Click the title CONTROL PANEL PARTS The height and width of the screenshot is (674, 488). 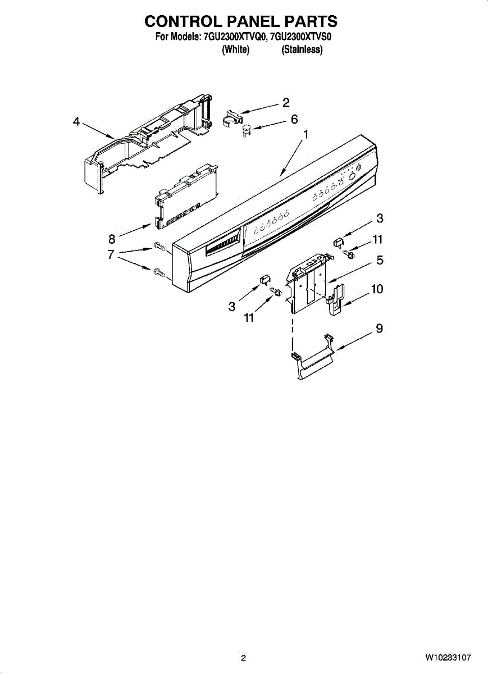pos(241,21)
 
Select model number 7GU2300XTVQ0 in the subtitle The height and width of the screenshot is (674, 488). pos(236,38)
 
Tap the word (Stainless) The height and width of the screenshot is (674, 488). pos(302,49)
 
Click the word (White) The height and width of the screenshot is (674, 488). pos(235,49)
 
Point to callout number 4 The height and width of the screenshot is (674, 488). pos(76,121)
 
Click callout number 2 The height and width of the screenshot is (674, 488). pos(286,102)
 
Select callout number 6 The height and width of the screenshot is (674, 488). pos(294,119)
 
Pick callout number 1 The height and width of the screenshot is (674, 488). pos(305,134)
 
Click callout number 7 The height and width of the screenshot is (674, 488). pos(111,254)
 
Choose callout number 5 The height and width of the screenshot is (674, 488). pos(380,260)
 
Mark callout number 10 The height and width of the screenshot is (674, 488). pos(377,289)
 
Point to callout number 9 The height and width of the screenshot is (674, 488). pos(380,328)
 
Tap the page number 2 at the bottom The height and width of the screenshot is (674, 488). pos(243,658)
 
